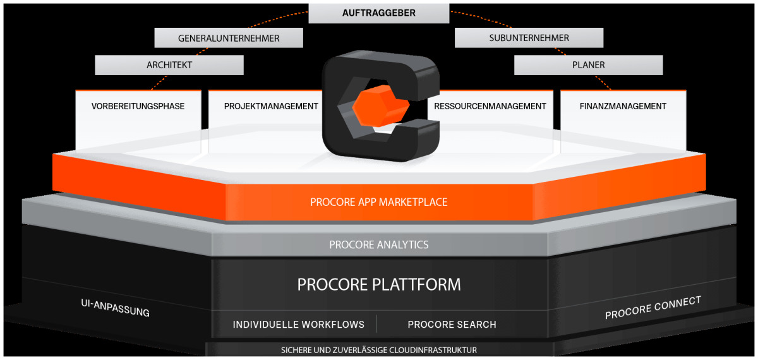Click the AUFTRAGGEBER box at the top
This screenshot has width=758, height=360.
pos(379,13)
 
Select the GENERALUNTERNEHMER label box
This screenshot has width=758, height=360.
pos(229,38)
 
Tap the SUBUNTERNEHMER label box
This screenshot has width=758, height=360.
pos(529,38)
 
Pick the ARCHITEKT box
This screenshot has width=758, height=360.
pos(169,64)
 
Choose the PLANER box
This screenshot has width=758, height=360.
pos(588,64)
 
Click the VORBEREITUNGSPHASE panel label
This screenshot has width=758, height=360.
pos(138,106)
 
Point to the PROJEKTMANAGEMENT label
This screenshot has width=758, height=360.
pos(271,106)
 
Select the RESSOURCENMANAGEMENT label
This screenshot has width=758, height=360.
pos(490,106)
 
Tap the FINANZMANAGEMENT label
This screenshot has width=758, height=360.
pos(623,106)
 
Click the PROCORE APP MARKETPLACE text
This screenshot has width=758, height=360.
pos(379,202)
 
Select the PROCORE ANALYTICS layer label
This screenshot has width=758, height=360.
pos(379,244)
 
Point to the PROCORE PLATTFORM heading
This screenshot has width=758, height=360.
pos(379,284)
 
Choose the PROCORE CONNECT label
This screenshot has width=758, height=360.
pos(653,308)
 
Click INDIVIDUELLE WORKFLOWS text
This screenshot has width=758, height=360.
pos(299,325)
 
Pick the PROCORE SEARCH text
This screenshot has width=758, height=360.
pos(452,325)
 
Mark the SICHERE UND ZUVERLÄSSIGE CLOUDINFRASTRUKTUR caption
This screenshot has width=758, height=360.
pos(379,350)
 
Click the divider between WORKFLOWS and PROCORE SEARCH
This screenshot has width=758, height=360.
pos(376,324)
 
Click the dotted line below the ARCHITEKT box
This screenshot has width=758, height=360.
pos(160,82)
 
